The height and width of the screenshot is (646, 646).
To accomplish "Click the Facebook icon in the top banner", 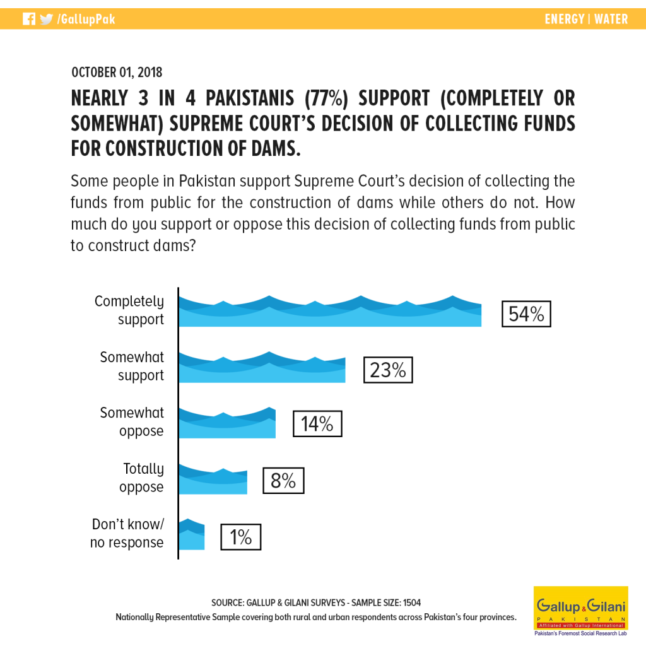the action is pos(29,19).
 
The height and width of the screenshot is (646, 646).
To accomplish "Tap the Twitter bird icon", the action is pos(47,19).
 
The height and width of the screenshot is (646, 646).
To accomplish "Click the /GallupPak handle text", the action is pos(86,19).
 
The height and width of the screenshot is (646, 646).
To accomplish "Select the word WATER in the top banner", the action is pos(611,19).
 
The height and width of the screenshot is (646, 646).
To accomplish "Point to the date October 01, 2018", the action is pos(117,72).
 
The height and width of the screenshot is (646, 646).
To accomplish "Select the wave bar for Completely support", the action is pos(330,311).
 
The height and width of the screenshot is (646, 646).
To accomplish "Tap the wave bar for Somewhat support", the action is pos(262,367).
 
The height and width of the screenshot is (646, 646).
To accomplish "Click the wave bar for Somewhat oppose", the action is pos(227,423).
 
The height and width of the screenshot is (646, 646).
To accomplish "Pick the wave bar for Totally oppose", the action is pos(213,479).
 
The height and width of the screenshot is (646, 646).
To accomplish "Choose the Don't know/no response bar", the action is pos(192,534).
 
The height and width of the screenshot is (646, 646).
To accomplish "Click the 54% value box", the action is pos(526,314).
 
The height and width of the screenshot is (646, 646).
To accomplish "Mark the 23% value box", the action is pos(388,370).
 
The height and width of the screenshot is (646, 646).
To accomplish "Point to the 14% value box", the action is pos(317,423).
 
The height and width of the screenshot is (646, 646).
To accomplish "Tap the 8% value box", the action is pos(283,480).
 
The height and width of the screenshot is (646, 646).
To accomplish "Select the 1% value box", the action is pos(240,537).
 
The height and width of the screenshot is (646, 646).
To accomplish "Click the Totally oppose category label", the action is pos(143,478).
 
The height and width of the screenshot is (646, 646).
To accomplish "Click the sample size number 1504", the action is pos(411,602).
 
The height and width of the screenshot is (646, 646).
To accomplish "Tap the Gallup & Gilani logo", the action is pos(580,611).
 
